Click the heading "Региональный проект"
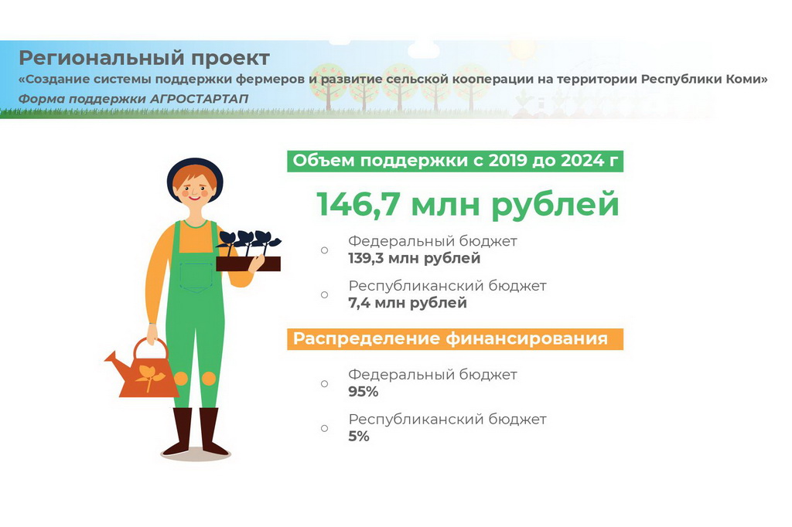tap(144, 58)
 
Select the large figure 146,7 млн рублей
tap(468, 203)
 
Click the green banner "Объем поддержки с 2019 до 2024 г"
tap(455, 161)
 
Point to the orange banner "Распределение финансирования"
tap(455, 338)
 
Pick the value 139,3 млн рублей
tap(415, 258)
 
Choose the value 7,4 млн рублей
tap(407, 303)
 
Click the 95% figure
tap(364, 392)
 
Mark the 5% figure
tap(359, 436)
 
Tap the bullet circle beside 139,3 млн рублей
tap(324, 250)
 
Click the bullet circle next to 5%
tap(324, 428)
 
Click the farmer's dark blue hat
tap(195, 174)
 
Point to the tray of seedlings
tap(248, 251)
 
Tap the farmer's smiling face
tap(195, 189)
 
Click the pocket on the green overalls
tap(196, 277)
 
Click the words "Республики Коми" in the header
tap(704, 80)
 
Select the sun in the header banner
tap(522, 49)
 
